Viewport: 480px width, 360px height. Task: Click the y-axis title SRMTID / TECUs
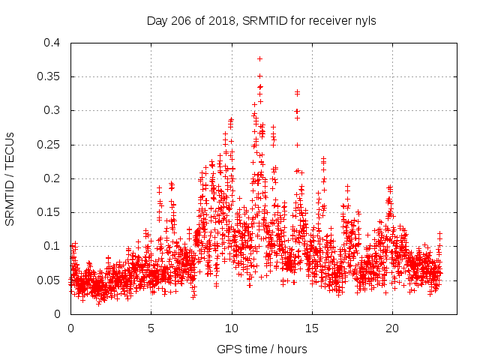(x=10, y=178)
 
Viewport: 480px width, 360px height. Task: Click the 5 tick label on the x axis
(x=151, y=328)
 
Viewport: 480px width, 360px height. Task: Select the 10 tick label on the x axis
(x=232, y=328)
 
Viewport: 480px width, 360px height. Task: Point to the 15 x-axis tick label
(x=312, y=328)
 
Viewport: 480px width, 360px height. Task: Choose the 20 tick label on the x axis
(x=392, y=328)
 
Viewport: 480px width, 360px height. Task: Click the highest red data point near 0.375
(x=259, y=58)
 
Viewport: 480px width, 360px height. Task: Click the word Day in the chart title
(x=157, y=21)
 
